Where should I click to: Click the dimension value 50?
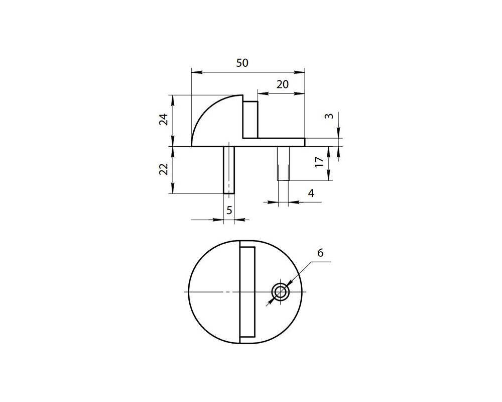(242, 63)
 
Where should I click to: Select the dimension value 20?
(283, 84)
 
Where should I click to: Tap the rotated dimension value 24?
(163, 120)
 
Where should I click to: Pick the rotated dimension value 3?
(329, 116)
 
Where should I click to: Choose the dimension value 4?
(311, 193)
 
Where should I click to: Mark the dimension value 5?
(229, 210)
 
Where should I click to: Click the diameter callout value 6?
(320, 253)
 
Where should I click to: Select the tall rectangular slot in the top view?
(247, 292)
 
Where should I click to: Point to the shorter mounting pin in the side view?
(283, 163)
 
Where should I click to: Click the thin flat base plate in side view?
(281, 142)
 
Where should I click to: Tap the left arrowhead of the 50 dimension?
(195, 73)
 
